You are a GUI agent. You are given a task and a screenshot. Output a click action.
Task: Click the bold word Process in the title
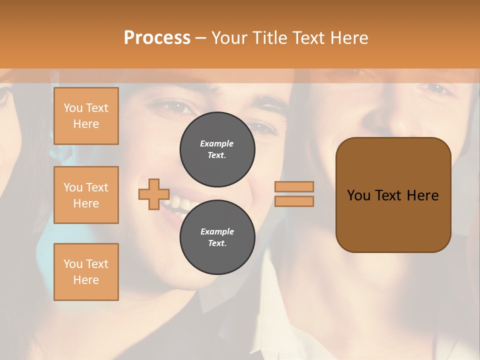[157, 37]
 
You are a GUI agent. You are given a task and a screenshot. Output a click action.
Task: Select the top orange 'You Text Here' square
[86, 116]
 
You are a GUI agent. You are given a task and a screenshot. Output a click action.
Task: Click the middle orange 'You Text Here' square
[86, 195]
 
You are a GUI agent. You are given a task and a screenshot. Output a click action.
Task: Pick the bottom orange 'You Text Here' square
[86, 272]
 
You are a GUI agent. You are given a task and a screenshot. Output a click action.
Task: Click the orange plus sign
[154, 194]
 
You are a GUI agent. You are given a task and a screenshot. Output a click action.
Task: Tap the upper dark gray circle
[217, 149]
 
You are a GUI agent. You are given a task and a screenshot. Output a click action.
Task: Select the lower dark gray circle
[217, 237]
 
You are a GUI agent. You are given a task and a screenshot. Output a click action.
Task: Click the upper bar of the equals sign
[294, 187]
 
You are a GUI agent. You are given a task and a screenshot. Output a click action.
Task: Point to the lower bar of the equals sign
[294, 201]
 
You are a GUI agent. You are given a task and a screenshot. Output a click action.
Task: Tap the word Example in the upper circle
[217, 143]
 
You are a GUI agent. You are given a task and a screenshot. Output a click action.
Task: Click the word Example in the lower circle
[217, 231]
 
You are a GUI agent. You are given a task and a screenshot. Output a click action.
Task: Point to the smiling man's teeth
[178, 203]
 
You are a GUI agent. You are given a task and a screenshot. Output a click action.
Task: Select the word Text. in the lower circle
[217, 243]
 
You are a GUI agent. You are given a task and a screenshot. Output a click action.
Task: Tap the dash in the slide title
[200, 37]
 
